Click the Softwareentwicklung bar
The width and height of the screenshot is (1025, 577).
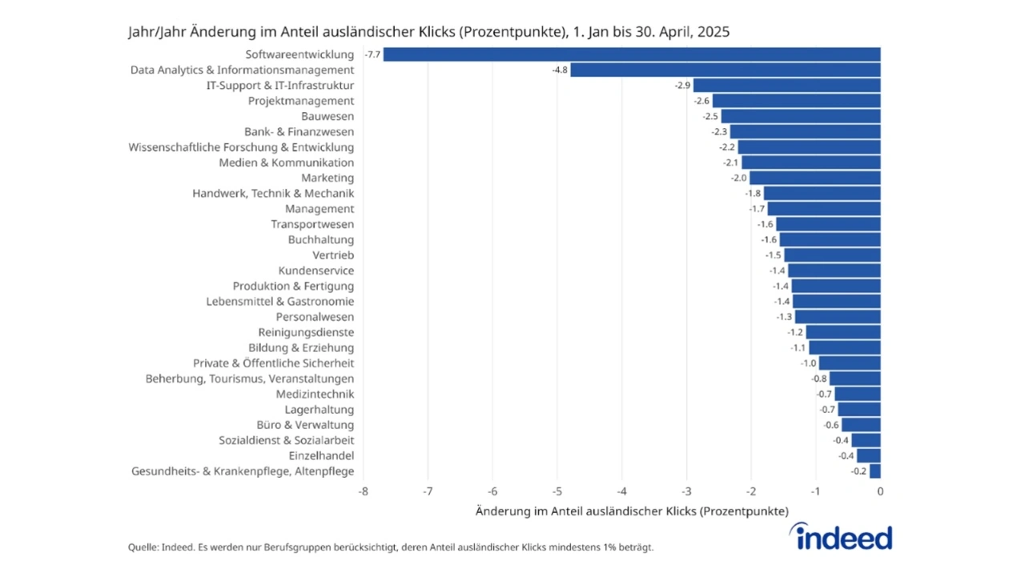[631, 54]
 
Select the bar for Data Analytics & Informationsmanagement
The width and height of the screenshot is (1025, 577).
[725, 70]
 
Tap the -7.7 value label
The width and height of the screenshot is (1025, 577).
[372, 54]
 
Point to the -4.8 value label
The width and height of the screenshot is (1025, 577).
[560, 70]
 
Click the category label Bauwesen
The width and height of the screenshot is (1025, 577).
[328, 116]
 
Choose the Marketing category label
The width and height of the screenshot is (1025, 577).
[328, 178]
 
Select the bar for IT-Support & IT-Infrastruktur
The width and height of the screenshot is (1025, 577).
[786, 85]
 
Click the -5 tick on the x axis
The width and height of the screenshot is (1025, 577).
[557, 491]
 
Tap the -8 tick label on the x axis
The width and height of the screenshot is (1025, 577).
[363, 491]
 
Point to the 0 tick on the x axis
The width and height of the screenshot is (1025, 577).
[880, 491]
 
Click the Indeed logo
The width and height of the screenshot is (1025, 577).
[840, 536]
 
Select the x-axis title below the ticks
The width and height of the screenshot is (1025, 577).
[632, 511]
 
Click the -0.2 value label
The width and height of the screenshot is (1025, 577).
[859, 471]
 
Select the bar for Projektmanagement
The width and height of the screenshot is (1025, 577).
[796, 101]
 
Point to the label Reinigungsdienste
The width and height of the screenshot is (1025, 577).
[306, 332]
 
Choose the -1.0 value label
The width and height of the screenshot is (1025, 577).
[808, 363]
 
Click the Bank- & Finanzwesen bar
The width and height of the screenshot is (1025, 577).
[805, 131]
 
